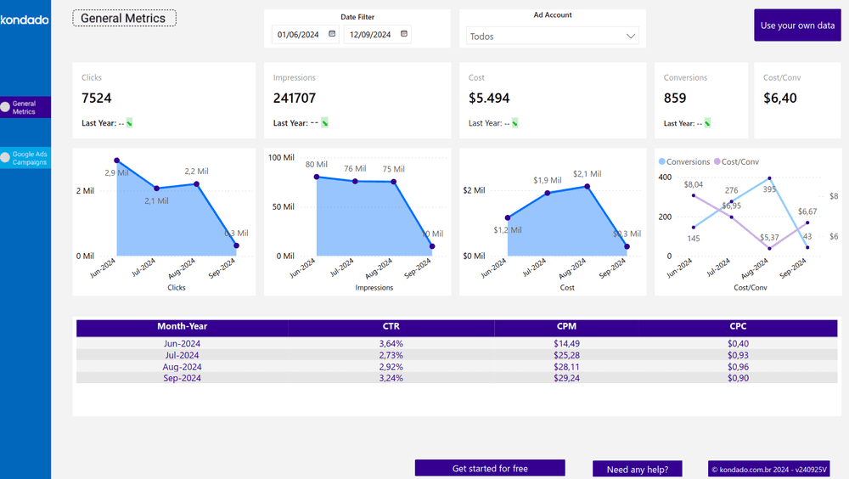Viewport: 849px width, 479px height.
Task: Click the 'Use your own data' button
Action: pos(797,25)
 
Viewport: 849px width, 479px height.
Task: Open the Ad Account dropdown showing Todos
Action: pos(552,37)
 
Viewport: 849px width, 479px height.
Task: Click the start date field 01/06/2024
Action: pos(299,35)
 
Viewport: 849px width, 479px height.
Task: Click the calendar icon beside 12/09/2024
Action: pos(404,35)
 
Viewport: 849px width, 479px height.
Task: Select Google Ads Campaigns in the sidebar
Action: pos(25,157)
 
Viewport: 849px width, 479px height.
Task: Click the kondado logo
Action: pos(25,20)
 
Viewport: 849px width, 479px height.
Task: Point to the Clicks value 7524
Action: pos(97,99)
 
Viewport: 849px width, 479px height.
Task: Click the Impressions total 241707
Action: pos(295,99)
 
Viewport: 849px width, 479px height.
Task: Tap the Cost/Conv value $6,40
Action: pos(779,99)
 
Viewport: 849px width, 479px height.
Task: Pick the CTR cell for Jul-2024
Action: pos(391,356)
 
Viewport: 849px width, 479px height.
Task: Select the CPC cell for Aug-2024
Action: pos(738,367)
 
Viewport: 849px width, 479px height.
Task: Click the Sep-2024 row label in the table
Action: pos(182,378)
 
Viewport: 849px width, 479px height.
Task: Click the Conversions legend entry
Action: pos(683,161)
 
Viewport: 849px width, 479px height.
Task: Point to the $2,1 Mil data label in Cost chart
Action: pos(587,173)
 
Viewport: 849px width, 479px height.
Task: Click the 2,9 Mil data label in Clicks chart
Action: pos(116,172)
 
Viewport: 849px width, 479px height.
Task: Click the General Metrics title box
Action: pos(124,18)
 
